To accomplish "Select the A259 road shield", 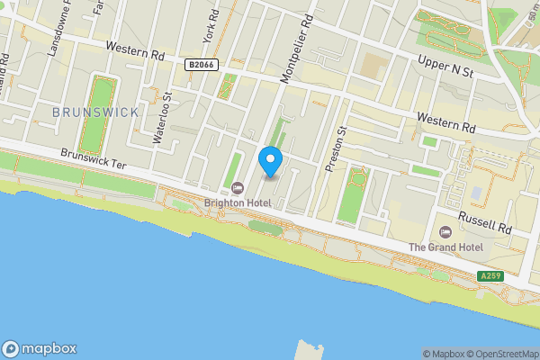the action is pos(490,276).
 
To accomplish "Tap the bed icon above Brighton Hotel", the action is pos(238,187).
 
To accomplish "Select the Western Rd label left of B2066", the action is pos(134,52).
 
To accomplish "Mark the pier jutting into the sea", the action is pos(310,349).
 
